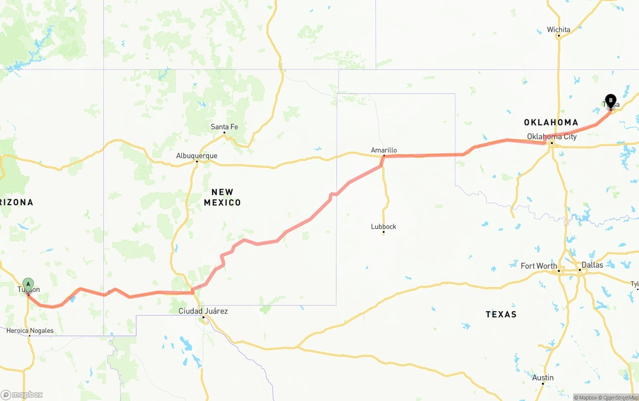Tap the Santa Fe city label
pyautogui.click(x=224, y=127)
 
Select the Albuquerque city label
pyautogui.click(x=197, y=156)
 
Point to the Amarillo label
pyautogui.click(x=384, y=150)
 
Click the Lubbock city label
pyautogui.click(x=383, y=226)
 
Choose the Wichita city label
pyautogui.click(x=559, y=29)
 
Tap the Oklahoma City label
pyautogui.click(x=552, y=136)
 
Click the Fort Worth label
pyautogui.click(x=539, y=266)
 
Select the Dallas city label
pyautogui.click(x=592, y=265)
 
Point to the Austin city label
pyautogui.click(x=543, y=378)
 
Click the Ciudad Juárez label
pyautogui.click(x=203, y=311)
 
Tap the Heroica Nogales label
pyautogui.click(x=30, y=331)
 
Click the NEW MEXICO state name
pyautogui.click(x=222, y=197)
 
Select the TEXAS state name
pyautogui.click(x=501, y=314)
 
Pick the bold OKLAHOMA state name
pyautogui.click(x=551, y=122)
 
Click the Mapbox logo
pyautogui.click(x=22, y=395)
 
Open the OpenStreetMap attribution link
pyautogui.click(x=620, y=398)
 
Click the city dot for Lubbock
pyautogui.click(x=383, y=233)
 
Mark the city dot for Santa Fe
pyautogui.click(x=224, y=133)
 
